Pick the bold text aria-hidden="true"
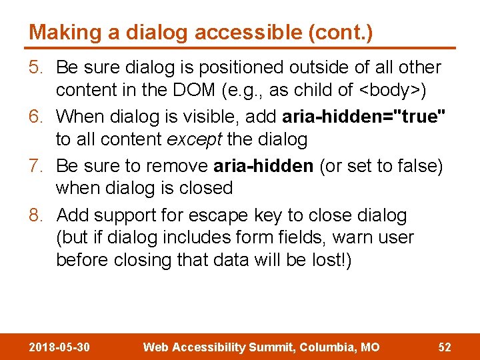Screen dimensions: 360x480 (x=364, y=117)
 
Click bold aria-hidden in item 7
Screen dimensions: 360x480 (x=263, y=166)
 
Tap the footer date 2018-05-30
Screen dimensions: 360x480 (x=59, y=347)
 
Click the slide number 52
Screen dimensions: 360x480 (x=444, y=347)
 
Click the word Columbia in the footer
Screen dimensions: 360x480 (x=326, y=347)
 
